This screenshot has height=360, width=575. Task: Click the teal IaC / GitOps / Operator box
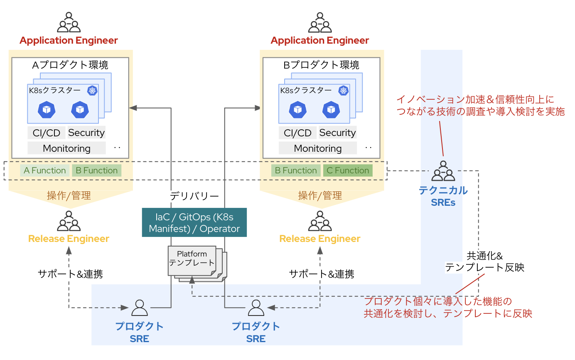point(194,222)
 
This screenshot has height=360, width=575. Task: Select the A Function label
point(45,170)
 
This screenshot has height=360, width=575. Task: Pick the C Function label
point(348,170)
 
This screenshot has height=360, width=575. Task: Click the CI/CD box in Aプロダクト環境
point(47,133)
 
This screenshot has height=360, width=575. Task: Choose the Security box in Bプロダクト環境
point(337,133)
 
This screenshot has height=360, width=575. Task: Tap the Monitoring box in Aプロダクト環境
point(66,148)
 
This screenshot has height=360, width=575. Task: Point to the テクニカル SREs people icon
point(443,171)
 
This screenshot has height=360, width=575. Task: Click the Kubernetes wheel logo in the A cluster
point(92,91)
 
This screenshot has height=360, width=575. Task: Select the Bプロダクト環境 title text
point(321,65)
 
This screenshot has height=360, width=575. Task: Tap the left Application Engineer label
point(69,40)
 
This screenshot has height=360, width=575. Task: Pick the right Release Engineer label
point(319,239)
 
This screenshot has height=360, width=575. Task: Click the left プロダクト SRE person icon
point(139,308)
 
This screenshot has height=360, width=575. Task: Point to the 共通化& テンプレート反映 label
point(484,261)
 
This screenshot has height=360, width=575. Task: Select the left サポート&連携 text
point(70,274)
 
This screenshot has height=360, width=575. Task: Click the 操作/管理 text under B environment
point(319,195)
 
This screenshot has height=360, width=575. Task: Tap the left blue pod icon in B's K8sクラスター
point(297,109)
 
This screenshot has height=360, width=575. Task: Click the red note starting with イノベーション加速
point(480,105)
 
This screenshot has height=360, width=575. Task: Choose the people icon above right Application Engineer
point(319,23)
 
